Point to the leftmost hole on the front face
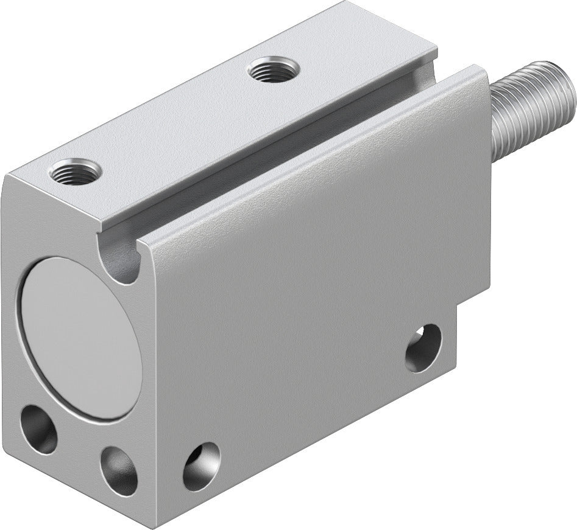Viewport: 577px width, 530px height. pyautogui.click(x=38, y=429)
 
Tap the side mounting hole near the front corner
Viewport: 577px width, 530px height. pyautogui.click(x=201, y=465)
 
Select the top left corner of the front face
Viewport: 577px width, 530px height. pyautogui.click(x=9, y=176)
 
